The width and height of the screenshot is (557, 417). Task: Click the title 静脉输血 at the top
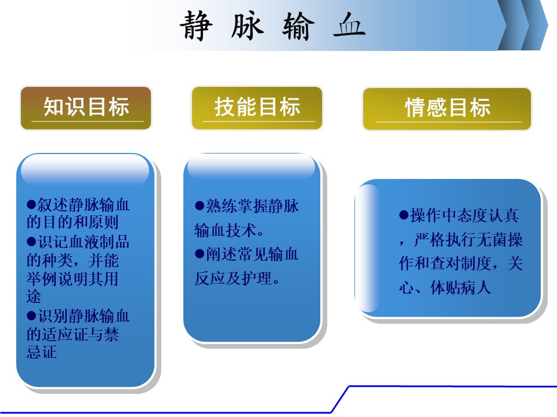(x=273, y=25)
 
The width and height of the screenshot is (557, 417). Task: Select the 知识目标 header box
(x=86, y=108)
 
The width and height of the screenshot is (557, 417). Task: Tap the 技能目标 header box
(x=257, y=108)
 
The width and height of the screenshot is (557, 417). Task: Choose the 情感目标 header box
(x=447, y=109)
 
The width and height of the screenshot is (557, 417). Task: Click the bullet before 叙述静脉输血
(x=31, y=204)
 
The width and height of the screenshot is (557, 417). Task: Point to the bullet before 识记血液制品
(x=31, y=242)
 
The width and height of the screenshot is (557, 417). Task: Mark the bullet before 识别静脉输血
(x=31, y=316)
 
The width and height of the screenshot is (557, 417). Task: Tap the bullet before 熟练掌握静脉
(x=200, y=206)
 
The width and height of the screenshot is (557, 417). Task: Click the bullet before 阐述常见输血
(x=200, y=254)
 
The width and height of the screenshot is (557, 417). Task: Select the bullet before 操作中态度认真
(x=404, y=215)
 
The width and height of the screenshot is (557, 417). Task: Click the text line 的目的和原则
(x=73, y=222)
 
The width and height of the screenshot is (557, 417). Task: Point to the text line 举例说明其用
(x=73, y=279)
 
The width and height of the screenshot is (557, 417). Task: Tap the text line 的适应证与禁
(x=73, y=334)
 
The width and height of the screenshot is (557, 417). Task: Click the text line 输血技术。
(x=229, y=231)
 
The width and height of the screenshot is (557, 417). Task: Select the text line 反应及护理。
(x=237, y=279)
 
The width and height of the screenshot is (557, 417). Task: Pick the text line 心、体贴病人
(x=445, y=288)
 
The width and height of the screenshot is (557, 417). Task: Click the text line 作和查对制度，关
(x=460, y=264)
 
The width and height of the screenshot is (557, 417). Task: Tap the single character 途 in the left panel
(x=34, y=297)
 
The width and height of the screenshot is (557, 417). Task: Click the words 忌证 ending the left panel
(x=42, y=352)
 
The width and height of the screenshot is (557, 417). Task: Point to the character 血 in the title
(x=349, y=25)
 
